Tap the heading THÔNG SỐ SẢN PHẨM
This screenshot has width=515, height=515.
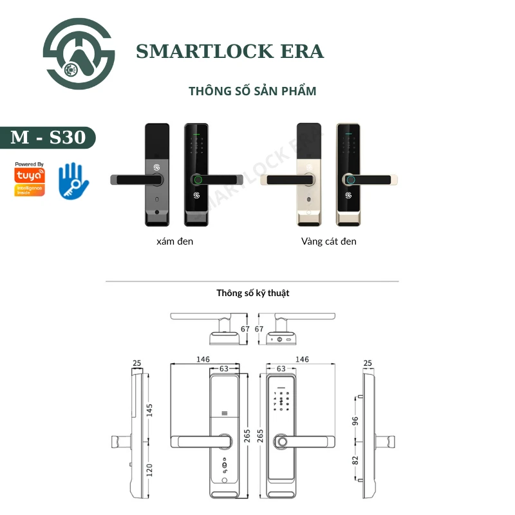tap(252, 91)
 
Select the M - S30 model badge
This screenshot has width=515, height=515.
tap(48, 137)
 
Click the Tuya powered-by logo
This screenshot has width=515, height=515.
tap(30, 178)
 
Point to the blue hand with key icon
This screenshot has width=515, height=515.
tap(73, 180)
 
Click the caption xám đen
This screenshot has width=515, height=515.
tap(174, 241)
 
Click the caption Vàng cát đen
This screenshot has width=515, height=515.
tap(328, 241)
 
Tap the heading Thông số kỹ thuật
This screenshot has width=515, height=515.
tap(252, 293)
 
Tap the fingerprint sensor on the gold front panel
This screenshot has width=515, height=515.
tap(350, 180)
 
